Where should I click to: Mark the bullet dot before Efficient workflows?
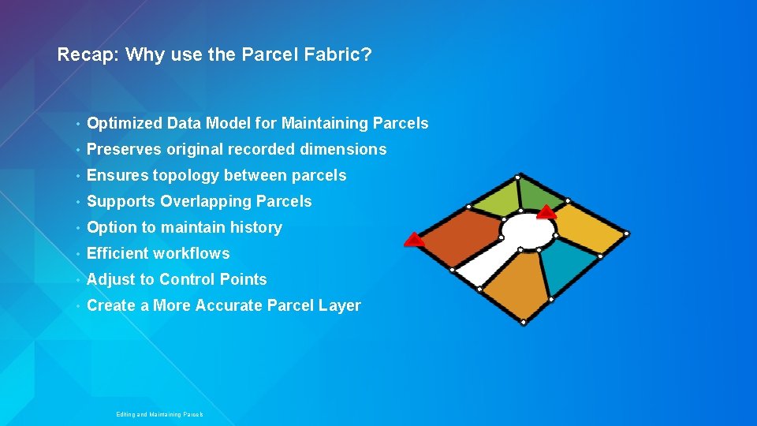pyautogui.click(x=79, y=254)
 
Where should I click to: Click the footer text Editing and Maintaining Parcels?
pyautogui.click(x=159, y=414)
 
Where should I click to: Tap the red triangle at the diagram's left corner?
pyautogui.click(x=414, y=239)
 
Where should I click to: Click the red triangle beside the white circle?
pyautogui.click(x=546, y=211)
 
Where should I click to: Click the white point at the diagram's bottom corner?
pyautogui.click(x=524, y=322)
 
